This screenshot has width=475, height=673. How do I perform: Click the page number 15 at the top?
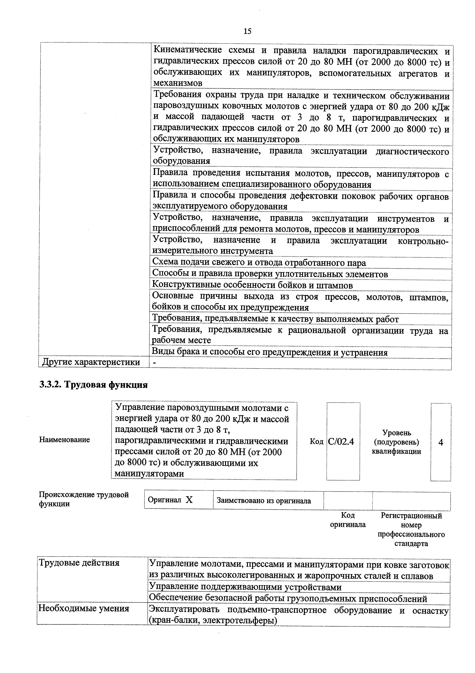pos(247,31)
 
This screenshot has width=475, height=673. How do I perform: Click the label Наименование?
pos(64,440)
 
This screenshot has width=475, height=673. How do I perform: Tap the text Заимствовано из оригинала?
pos(264,501)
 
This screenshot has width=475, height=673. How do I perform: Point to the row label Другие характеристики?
pos(91,362)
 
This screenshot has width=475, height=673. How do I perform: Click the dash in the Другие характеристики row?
pos(155,363)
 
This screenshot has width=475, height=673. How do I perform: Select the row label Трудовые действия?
pos(79,563)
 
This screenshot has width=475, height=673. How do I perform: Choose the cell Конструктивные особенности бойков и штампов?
pos(253,285)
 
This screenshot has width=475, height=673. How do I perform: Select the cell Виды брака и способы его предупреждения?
pos(270,352)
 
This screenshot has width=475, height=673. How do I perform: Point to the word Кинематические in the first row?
pos(187,50)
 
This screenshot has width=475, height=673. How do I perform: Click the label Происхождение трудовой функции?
pos(84,499)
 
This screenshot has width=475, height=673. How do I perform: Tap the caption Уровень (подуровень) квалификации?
pos(396,442)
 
